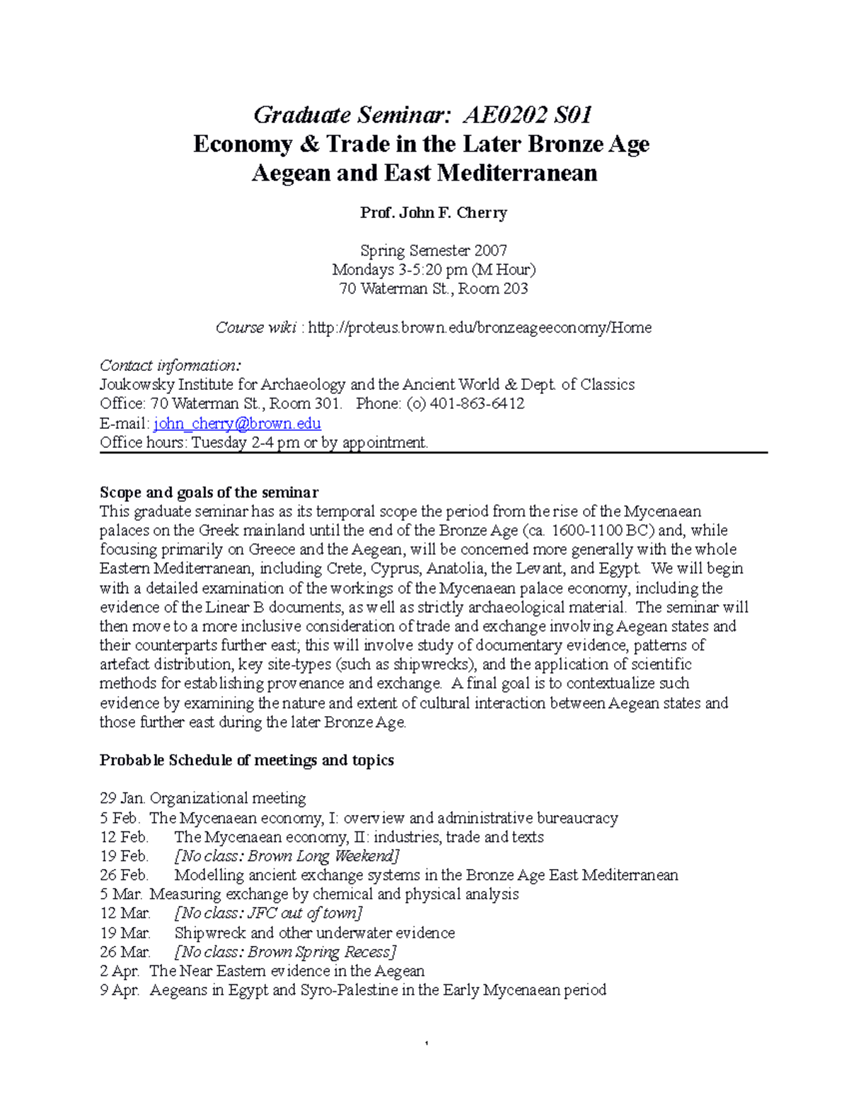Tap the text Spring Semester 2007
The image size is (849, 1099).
(x=433, y=251)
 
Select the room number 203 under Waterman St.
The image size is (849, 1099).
(x=515, y=289)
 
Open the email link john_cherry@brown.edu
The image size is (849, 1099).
(x=237, y=423)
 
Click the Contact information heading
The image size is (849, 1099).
(x=170, y=366)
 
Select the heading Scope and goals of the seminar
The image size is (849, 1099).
(x=209, y=493)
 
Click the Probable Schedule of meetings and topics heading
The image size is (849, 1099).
(x=246, y=761)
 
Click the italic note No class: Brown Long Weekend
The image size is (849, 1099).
(x=287, y=856)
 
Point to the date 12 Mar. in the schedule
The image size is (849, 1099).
(x=125, y=914)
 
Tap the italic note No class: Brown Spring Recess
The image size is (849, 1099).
(x=285, y=952)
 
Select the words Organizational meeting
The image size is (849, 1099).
(x=228, y=799)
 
